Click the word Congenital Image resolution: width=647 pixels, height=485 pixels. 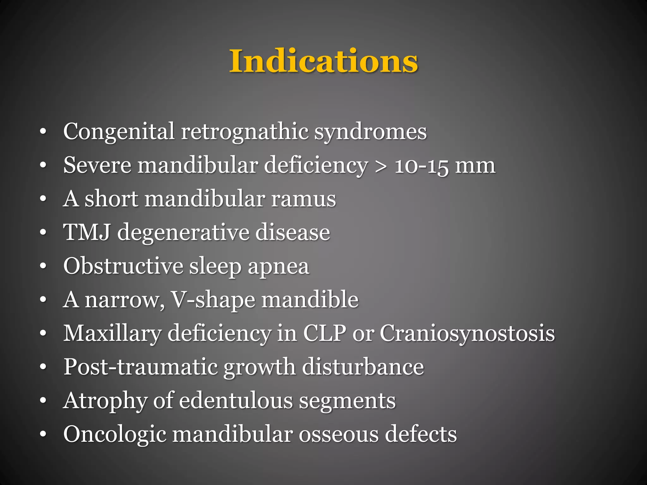(119, 131)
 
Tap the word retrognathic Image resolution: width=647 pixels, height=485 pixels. (245, 131)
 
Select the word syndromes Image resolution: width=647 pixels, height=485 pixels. (370, 131)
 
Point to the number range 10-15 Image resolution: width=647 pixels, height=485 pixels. (421, 165)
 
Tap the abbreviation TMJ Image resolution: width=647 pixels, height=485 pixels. (87, 232)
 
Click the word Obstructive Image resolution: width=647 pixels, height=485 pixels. (123, 266)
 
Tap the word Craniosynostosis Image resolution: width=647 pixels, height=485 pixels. (467, 333)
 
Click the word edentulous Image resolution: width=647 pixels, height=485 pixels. (236, 400)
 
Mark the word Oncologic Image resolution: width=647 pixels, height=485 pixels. (115, 434)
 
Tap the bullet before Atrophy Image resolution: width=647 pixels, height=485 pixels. (43, 400)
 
